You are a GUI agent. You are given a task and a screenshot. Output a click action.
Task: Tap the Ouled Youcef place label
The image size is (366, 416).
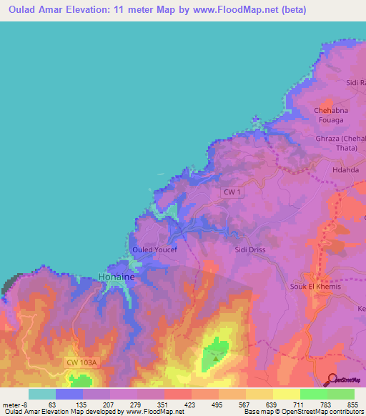(154, 249)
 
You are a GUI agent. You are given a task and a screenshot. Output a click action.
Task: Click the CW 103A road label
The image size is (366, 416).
(81, 363)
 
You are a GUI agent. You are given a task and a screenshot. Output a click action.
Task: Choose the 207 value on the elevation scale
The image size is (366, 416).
(109, 405)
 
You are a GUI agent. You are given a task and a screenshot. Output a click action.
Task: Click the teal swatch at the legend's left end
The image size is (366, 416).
(42, 394)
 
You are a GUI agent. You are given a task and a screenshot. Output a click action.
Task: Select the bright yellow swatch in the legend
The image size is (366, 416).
(287, 394)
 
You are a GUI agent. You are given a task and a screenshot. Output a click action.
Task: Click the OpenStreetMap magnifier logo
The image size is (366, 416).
(331, 379)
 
